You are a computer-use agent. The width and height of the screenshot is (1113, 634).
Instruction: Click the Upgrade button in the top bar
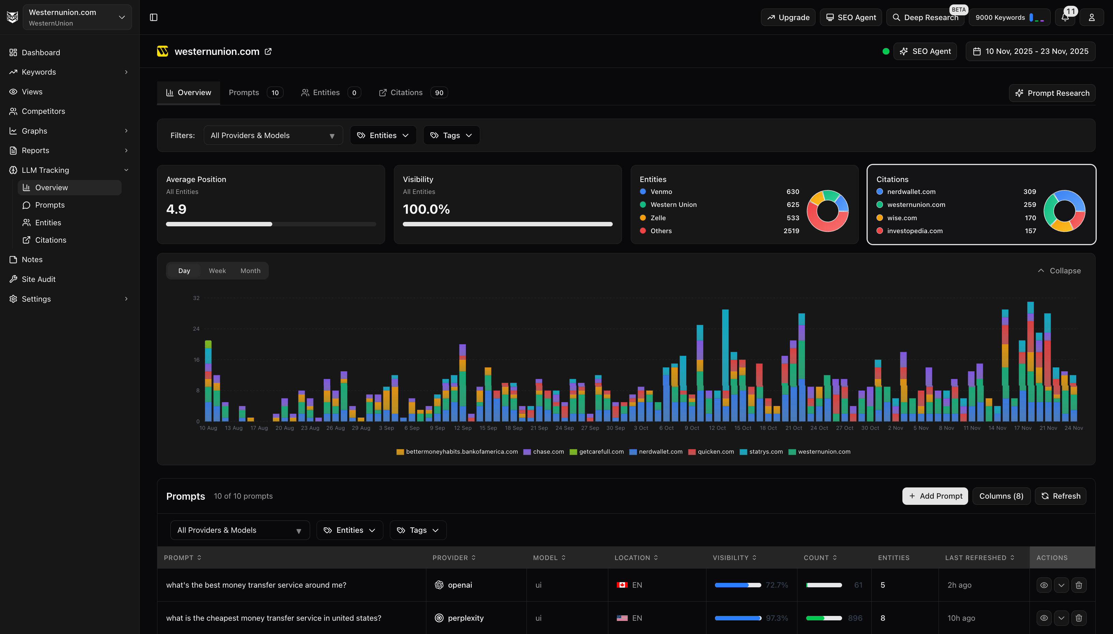point(788,17)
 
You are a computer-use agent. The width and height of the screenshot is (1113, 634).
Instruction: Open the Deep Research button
point(925,17)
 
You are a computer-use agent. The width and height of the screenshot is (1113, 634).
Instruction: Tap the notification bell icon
point(1065,17)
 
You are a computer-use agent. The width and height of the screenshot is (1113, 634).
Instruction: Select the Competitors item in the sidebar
point(43,111)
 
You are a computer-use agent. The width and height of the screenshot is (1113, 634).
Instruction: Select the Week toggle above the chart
point(217,270)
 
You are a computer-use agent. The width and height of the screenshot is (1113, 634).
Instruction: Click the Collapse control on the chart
point(1059,270)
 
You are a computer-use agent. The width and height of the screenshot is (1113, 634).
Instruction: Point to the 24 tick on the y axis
point(196,329)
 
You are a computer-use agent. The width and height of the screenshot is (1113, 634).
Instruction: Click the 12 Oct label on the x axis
point(717,428)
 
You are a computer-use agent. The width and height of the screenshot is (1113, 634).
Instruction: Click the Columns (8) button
point(1001,496)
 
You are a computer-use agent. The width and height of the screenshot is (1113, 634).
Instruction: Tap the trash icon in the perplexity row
point(1078,618)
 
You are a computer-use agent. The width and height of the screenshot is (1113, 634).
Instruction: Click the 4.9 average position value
point(176,209)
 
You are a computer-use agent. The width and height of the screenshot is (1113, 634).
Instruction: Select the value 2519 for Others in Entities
point(791,231)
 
